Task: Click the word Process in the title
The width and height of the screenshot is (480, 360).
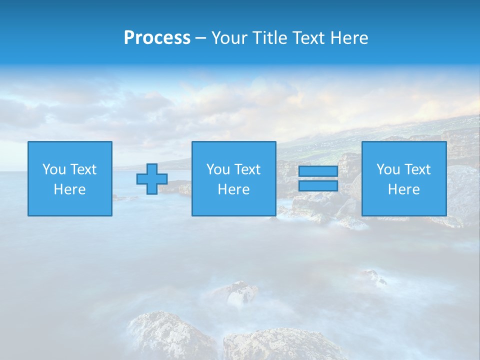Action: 157,38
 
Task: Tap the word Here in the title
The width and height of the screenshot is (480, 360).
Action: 348,38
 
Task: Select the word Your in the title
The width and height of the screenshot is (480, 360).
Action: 228,38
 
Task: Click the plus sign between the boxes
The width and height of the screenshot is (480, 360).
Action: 152,179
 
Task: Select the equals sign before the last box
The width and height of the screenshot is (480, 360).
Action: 318,178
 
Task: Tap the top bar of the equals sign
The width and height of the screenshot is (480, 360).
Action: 318,171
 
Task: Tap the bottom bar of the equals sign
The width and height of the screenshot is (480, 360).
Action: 318,185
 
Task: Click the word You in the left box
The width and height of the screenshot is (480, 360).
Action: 54,169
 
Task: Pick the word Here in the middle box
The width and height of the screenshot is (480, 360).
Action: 233,189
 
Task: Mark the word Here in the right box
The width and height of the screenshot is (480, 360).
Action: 404,189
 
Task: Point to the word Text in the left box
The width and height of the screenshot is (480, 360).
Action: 83,169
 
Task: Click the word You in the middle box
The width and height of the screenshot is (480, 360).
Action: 218,169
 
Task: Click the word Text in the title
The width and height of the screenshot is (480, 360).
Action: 307,38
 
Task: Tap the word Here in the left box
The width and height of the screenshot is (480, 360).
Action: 70,189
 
